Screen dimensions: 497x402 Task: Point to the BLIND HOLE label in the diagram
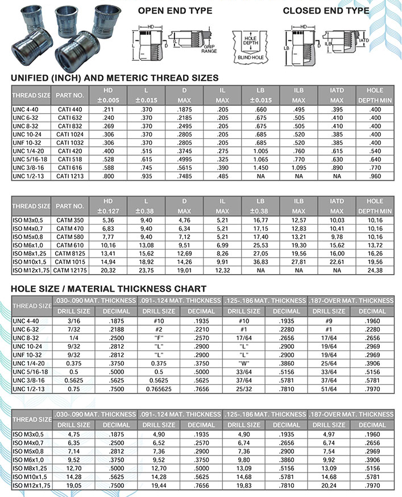click(247, 59)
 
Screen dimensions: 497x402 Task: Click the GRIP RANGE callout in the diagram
click(209, 49)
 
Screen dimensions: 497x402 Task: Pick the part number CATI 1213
click(70, 176)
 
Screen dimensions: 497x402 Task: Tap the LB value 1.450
click(260, 169)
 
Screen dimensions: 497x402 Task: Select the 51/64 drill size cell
click(329, 388)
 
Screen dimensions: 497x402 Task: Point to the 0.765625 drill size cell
click(159, 388)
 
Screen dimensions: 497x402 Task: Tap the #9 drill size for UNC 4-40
click(329, 320)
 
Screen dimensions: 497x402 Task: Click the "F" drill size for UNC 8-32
click(159, 337)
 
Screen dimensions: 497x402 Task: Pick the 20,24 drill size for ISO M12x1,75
click(329, 486)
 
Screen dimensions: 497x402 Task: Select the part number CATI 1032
click(70, 143)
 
